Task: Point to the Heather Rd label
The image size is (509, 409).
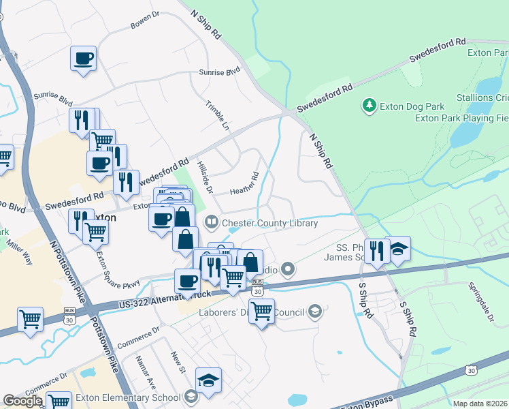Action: tap(244, 185)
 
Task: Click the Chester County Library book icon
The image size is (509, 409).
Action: tap(212, 223)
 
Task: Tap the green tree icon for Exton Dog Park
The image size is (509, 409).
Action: tap(369, 106)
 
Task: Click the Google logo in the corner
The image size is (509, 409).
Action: tap(22, 401)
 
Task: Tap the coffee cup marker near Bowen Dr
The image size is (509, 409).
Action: tap(84, 59)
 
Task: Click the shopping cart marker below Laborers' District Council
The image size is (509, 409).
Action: tap(261, 312)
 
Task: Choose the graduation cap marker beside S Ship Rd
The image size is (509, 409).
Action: tap(397, 249)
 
